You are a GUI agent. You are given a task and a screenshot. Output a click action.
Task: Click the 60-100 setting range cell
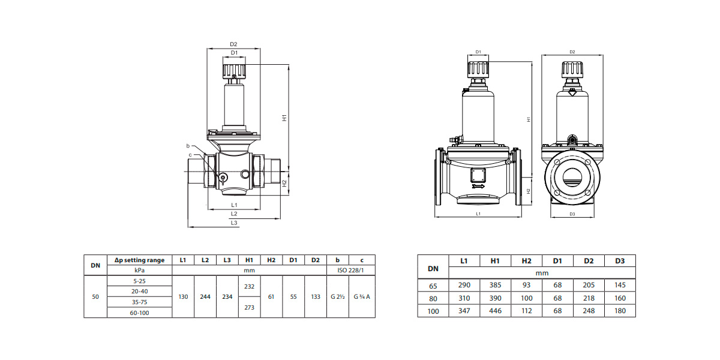tap(139, 313)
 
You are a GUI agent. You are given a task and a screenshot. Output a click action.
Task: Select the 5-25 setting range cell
tap(139, 280)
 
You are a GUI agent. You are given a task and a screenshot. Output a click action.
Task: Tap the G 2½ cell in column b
tap(338, 296)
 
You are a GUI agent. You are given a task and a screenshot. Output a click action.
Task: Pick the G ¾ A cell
tap(362, 296)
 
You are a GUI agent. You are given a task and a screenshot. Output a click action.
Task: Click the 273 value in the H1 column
tap(250, 307)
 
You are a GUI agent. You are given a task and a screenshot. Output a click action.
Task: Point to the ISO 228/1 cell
tap(350, 270)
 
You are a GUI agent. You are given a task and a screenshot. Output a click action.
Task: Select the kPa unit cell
tap(139, 270)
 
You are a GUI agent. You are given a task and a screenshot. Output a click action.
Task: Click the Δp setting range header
tap(139, 260)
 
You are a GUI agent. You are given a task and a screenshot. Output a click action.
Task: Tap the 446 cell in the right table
tap(496, 311)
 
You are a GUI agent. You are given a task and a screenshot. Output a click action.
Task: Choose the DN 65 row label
tap(433, 286)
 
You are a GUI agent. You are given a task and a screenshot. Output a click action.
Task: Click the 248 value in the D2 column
tap(589, 311)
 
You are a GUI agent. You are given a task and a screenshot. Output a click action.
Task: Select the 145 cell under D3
tap(620, 286)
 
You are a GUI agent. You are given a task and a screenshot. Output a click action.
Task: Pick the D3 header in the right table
tap(620, 261)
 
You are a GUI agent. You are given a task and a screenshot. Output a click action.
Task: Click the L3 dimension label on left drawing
tap(234, 223)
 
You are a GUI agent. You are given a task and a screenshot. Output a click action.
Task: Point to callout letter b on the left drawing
tap(188, 146)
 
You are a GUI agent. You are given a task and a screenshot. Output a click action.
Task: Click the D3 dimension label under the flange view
tap(572, 214)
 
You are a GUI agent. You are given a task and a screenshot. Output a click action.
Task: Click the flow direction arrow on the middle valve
tap(478, 187)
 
